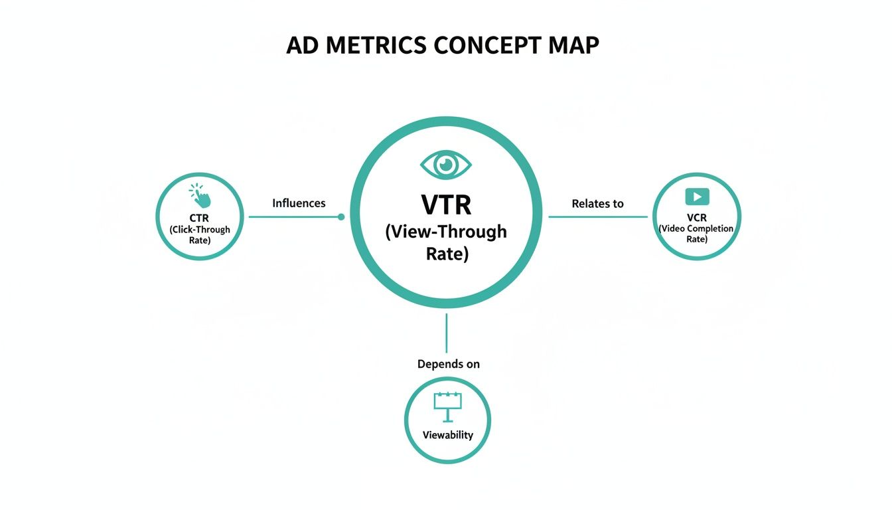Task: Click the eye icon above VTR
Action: pos(446,163)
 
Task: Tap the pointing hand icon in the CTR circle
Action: pos(200,196)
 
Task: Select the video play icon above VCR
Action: pos(697,197)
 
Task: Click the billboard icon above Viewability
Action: pos(447,406)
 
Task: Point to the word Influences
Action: pos(299,203)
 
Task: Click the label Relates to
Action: pos(597,204)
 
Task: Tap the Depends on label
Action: pos(448,364)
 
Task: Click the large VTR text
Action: pos(446,205)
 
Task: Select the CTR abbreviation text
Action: pos(199,218)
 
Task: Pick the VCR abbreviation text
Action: pos(697,217)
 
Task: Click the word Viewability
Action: pos(448,435)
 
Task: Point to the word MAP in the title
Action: pos(575,45)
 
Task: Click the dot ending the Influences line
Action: pos(341,216)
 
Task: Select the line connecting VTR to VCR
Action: pos(597,216)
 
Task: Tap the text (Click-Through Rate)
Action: pos(199,234)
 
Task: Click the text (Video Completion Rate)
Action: pos(696,233)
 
